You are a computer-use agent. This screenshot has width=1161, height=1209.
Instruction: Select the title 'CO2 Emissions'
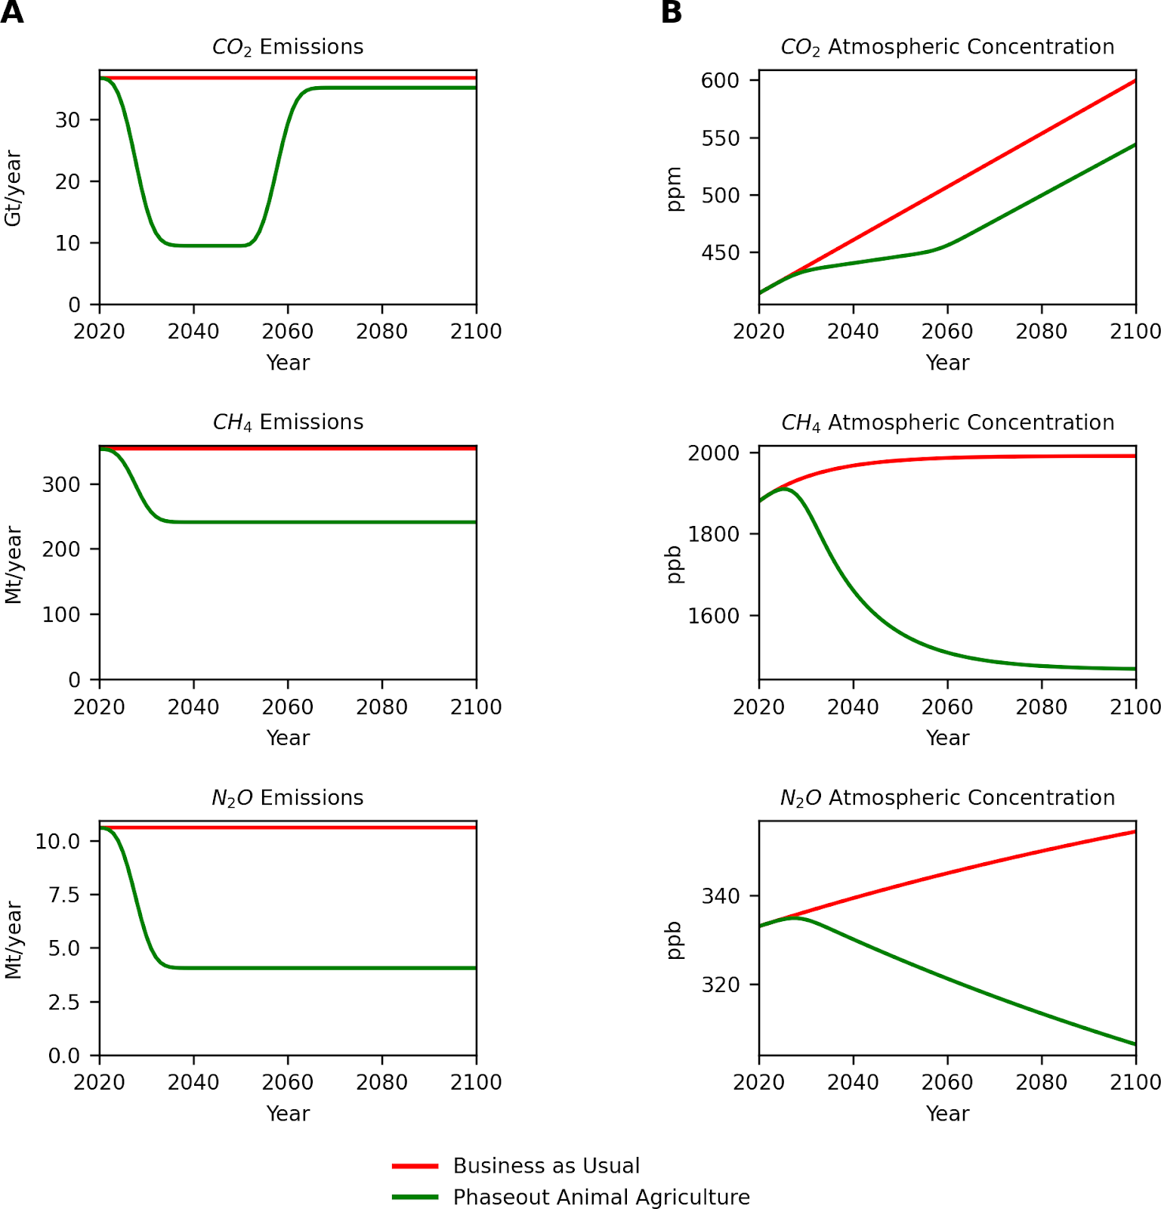[288, 47]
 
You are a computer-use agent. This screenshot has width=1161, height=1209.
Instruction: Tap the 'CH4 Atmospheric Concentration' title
[947, 422]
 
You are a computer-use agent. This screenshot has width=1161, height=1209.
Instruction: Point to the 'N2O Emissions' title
[288, 798]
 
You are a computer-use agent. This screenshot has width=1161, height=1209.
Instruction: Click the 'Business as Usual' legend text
[546, 1166]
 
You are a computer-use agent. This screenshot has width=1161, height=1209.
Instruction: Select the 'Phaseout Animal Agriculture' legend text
[601, 1198]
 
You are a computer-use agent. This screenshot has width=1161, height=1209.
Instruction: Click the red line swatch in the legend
[415, 1167]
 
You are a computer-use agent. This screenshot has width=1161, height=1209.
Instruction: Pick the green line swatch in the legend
[415, 1198]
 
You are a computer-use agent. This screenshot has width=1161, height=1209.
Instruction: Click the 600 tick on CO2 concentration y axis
[720, 80]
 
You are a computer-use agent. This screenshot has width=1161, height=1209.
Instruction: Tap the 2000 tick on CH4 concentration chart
[713, 453]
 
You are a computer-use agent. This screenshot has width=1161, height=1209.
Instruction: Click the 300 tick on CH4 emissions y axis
[61, 484]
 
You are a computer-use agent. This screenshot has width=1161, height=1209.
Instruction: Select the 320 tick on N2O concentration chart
[720, 985]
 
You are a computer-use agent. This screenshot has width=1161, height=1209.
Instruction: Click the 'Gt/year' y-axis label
[13, 188]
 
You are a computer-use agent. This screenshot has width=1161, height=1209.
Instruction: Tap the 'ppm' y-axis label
[673, 188]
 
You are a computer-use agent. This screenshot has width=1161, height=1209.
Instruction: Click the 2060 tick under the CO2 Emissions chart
[288, 331]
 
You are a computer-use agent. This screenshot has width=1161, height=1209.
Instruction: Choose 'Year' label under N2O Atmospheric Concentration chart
[947, 1114]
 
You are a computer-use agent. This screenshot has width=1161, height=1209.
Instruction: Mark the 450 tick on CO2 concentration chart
[720, 252]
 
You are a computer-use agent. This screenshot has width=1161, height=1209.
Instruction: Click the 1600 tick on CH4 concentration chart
[713, 616]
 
